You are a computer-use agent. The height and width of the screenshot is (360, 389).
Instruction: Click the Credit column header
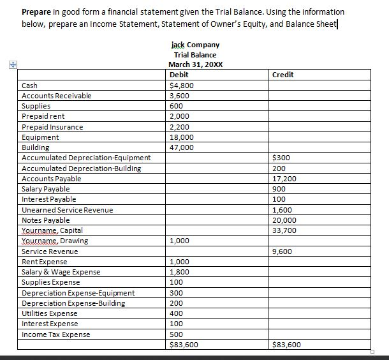(283, 75)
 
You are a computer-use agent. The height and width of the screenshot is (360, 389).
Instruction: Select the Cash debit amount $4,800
(181, 85)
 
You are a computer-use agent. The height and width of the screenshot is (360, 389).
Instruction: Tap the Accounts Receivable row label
(56, 95)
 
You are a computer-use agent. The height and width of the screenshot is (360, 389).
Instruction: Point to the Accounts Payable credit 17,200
(284, 179)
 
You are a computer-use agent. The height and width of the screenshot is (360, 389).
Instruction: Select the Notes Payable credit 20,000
(284, 220)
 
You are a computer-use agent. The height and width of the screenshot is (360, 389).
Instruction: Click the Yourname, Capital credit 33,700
(284, 230)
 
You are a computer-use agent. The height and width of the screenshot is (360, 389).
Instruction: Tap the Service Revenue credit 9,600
(282, 251)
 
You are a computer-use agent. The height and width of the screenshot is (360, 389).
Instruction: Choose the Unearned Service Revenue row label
(67, 209)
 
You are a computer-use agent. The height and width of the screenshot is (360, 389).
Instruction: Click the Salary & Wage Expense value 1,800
(179, 272)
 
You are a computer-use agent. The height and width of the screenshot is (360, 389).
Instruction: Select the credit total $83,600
(286, 345)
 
